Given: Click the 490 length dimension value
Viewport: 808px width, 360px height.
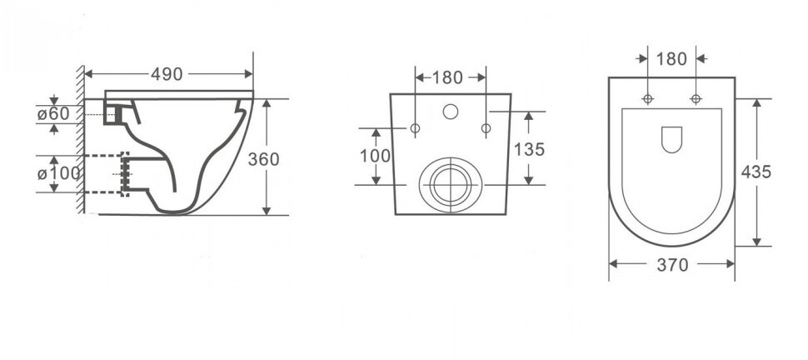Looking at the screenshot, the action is click(x=167, y=74).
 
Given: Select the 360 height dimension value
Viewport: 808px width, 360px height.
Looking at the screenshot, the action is click(x=263, y=159).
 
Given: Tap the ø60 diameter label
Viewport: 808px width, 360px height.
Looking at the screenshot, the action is click(x=53, y=114).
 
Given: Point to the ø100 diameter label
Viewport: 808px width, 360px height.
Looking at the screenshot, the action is click(x=59, y=173).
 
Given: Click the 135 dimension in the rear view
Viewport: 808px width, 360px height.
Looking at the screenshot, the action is click(x=529, y=149).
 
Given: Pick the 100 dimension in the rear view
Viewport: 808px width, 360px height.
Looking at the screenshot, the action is click(x=375, y=155).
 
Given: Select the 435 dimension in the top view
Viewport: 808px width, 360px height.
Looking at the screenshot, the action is click(x=756, y=172).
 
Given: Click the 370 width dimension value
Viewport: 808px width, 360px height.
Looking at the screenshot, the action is click(x=672, y=265).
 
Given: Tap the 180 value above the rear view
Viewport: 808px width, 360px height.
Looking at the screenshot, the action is click(x=447, y=77).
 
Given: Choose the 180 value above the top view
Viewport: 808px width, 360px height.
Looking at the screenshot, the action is click(x=671, y=59).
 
